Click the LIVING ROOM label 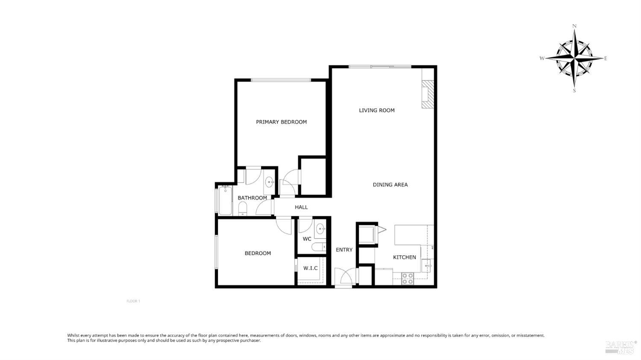coord(376,110)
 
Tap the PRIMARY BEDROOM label coord(281,122)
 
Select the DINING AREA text coord(390,185)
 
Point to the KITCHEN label coord(404,257)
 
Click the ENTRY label coord(344,250)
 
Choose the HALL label coord(301,207)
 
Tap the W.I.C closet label coord(311,268)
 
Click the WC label coord(307,239)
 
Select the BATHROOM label coord(252,198)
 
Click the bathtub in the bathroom coord(225,200)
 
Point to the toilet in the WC coord(318,247)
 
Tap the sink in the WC coord(320,229)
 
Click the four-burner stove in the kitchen coord(408,278)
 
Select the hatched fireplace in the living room coord(428,94)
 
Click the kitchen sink coord(427,266)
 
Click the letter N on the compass coord(574,26)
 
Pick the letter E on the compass coord(606,59)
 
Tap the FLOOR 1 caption coord(133,301)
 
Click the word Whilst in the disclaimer coord(73,335)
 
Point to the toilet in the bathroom coord(243,208)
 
